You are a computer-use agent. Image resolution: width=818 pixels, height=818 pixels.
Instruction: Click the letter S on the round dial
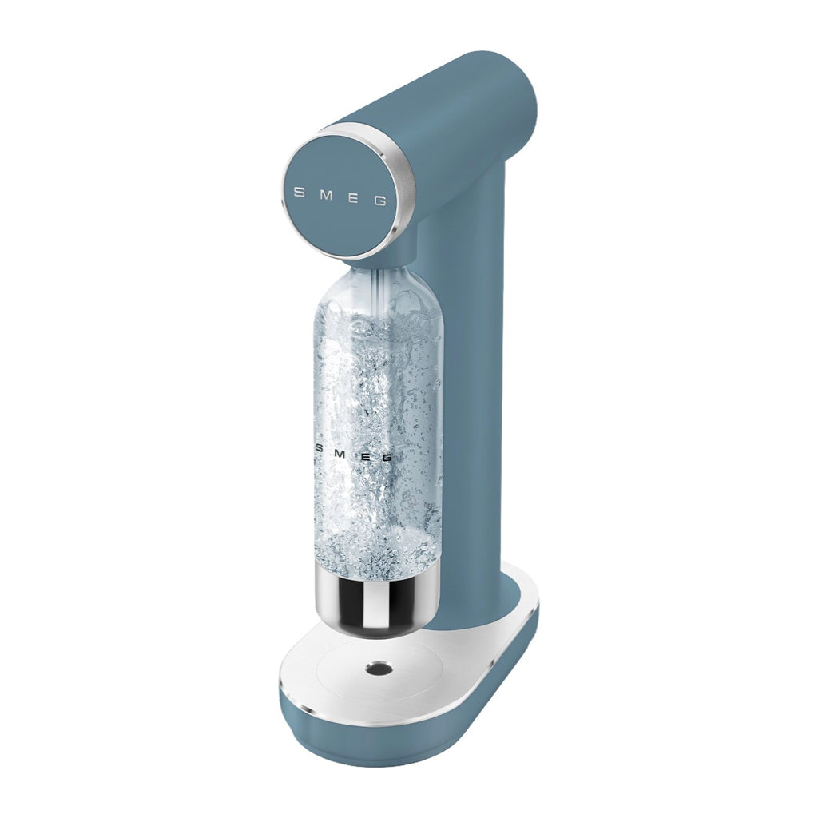pyautogui.click(x=300, y=192)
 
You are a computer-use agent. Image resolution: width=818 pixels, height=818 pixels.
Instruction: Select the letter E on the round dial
pyautogui.click(x=353, y=197)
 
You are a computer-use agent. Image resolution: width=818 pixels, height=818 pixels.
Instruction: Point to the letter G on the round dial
pyautogui.click(x=381, y=201)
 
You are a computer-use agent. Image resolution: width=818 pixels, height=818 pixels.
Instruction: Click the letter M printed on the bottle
pyautogui.click(x=340, y=454)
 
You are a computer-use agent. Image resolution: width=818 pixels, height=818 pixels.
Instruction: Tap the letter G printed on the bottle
pyautogui.click(x=387, y=458)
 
